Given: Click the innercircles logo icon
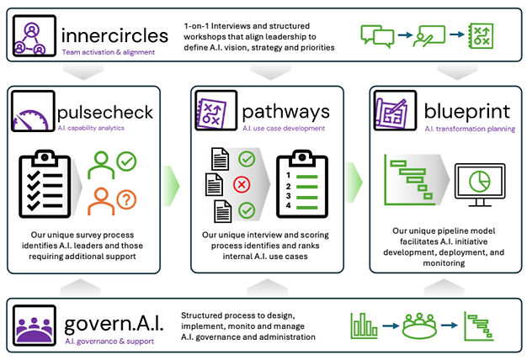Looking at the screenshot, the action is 35,35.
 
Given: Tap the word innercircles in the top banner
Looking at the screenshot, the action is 114,35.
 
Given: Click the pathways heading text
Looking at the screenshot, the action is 285,112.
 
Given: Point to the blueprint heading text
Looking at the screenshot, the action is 467,112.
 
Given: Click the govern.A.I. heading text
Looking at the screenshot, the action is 114,325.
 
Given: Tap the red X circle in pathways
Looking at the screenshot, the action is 242,184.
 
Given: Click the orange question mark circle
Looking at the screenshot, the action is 126,200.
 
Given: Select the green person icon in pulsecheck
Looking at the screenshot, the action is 101,165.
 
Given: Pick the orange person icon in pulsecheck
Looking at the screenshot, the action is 101,202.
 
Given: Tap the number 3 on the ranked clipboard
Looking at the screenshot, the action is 288,196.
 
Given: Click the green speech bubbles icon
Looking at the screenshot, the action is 377,36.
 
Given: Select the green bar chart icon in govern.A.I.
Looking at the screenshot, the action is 364,326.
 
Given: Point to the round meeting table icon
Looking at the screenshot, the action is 419,326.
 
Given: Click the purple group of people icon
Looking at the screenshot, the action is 35,326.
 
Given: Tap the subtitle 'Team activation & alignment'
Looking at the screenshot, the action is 109,52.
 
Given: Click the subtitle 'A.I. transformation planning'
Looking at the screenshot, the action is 470,129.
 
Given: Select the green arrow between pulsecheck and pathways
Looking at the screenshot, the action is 171,186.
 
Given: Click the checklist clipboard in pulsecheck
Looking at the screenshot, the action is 45,183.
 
